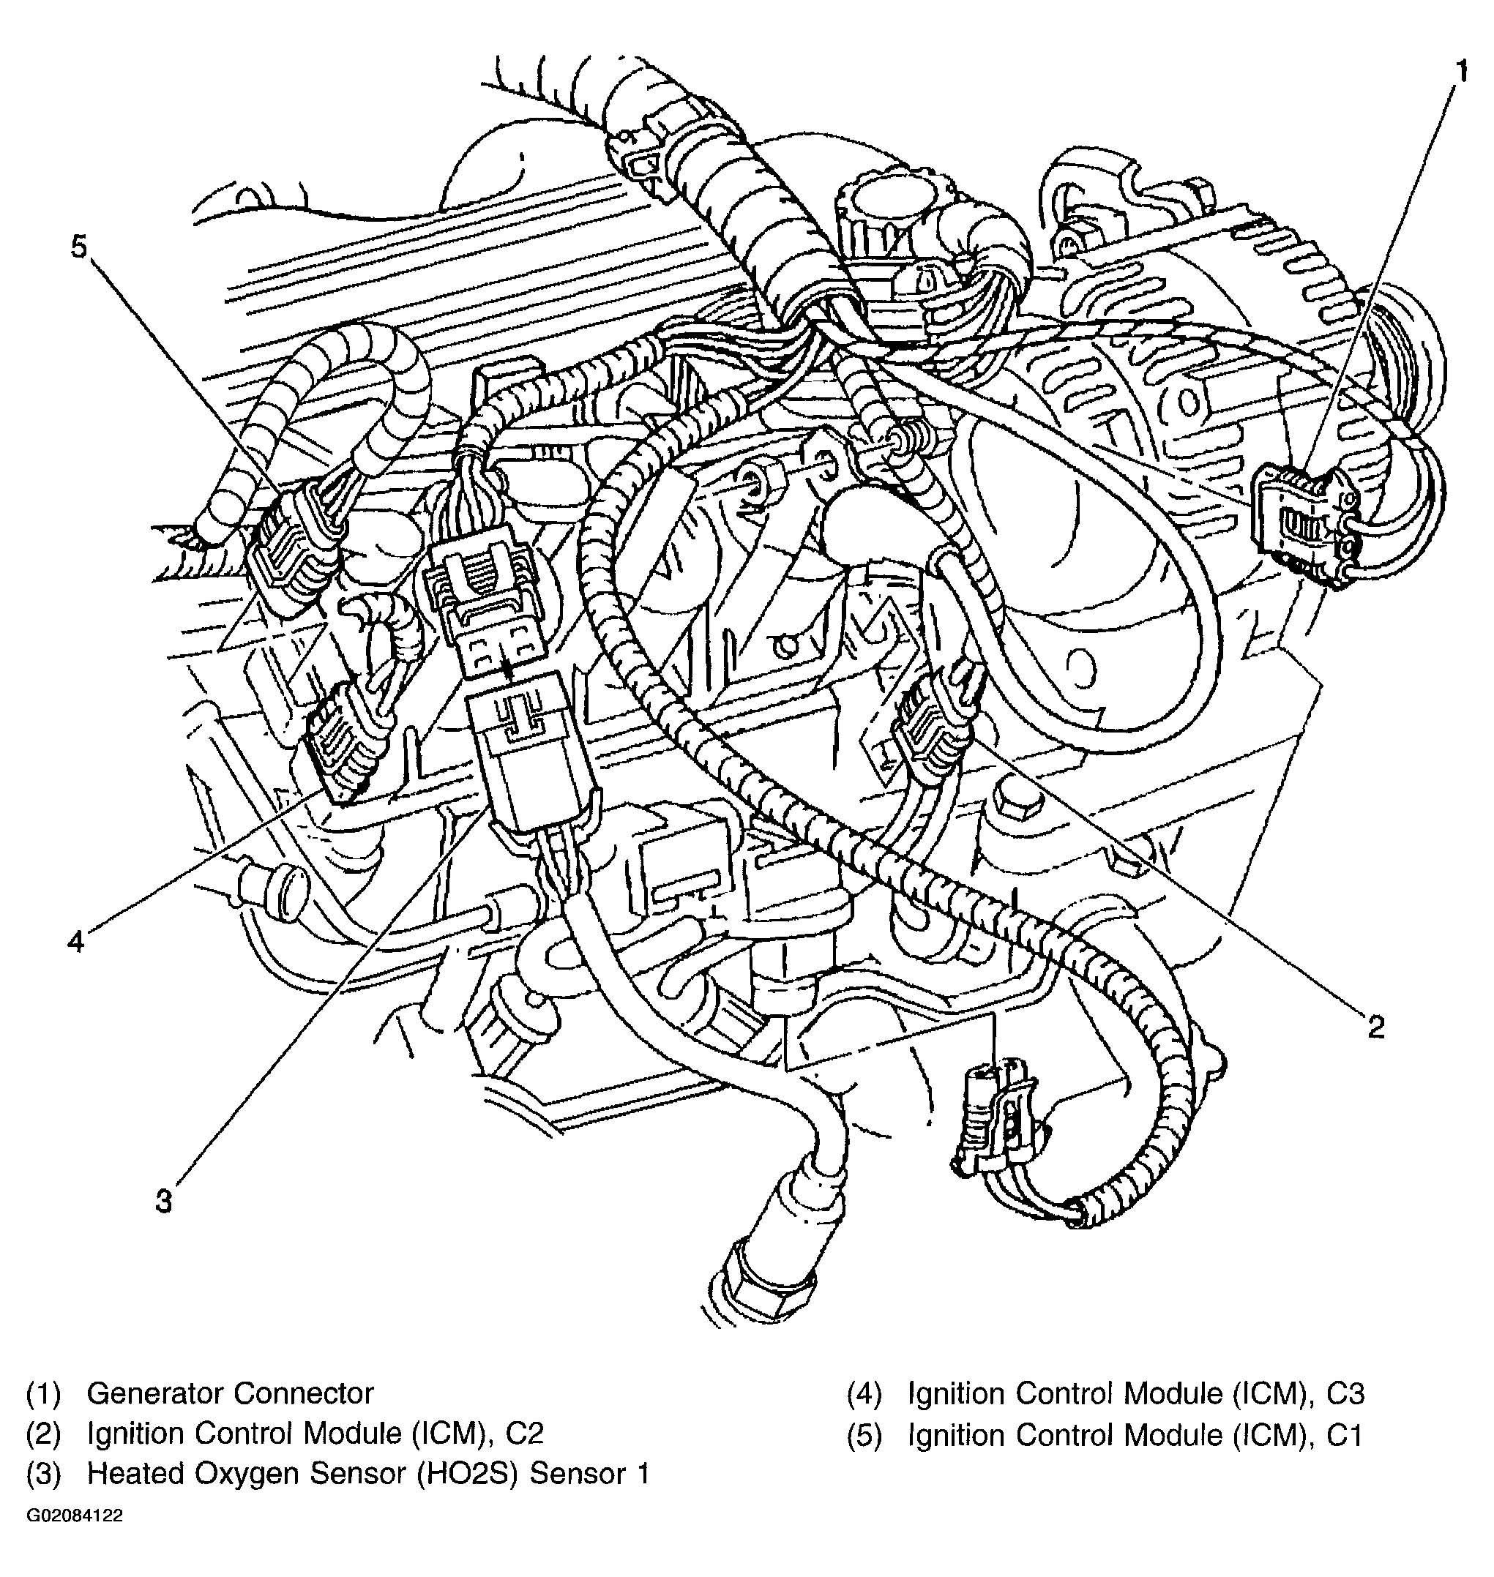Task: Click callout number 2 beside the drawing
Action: (x=1375, y=1027)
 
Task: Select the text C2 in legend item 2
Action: (x=523, y=1433)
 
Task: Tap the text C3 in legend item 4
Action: (x=1346, y=1394)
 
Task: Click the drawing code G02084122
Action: (x=75, y=1516)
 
